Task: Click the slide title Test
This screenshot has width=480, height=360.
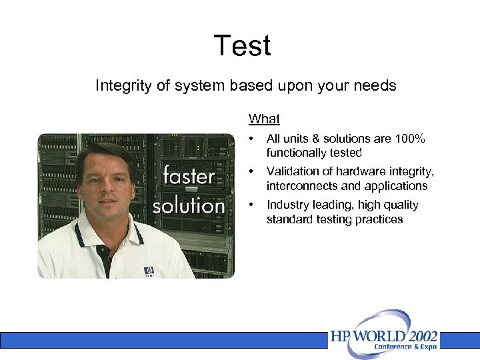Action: pos(242,46)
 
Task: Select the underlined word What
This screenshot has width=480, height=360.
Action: pos(264,119)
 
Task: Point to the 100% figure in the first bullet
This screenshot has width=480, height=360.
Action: pos(408,139)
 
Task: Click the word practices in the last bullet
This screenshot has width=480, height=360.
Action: pos(379,219)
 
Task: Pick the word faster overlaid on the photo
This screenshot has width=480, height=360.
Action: pos(189,176)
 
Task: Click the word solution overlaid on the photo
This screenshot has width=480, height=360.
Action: pos(189,205)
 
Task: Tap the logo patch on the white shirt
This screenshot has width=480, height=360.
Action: pos(149,271)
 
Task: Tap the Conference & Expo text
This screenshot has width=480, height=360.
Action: pos(406,347)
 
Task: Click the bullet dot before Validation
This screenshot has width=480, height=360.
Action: pos(251,172)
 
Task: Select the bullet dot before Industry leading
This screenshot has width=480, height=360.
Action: pos(251,205)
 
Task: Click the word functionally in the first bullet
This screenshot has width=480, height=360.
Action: pos(297,153)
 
